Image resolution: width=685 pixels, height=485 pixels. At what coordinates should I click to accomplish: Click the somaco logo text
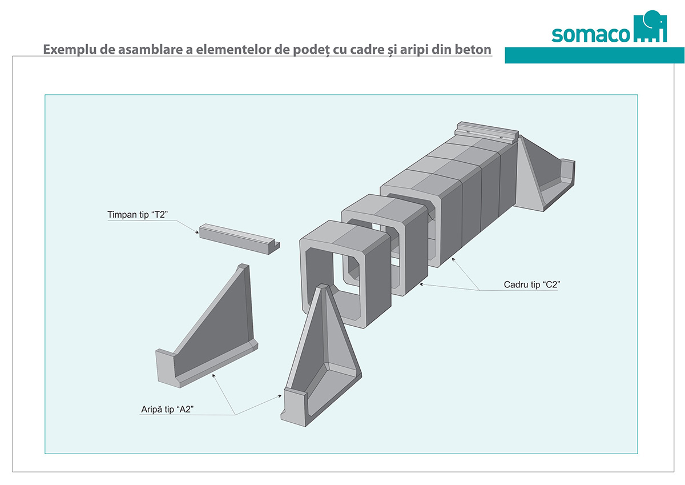tap(590, 35)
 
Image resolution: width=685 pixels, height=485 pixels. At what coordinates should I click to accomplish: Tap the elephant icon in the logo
tap(650, 26)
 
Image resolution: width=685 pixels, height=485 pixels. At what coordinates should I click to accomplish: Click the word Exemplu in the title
tap(70, 50)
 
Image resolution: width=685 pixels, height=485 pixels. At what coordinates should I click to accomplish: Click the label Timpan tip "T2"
tap(138, 214)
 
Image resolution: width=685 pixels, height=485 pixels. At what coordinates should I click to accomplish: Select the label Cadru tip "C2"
tap(532, 284)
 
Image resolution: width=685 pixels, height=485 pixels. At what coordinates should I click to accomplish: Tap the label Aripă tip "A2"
tap(167, 409)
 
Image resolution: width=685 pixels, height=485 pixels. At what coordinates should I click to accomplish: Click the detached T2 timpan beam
tap(239, 239)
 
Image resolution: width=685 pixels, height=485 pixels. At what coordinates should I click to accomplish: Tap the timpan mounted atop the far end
tap(486, 133)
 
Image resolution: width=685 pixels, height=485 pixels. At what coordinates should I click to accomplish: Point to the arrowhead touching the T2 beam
tap(196, 233)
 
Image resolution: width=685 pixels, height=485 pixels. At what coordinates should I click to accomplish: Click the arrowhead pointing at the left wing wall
tap(213, 375)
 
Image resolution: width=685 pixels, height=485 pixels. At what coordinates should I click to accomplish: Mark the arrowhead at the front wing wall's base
tap(279, 396)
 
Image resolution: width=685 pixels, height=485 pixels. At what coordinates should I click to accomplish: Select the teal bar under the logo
tap(594, 55)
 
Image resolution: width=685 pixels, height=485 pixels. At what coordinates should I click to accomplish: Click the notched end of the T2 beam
tap(275, 248)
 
